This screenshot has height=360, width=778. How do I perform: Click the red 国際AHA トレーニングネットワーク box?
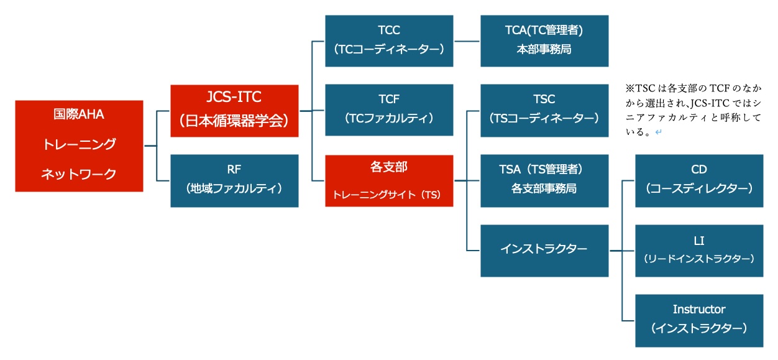[x=79, y=145]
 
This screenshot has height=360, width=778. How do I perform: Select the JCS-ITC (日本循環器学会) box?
[x=234, y=110]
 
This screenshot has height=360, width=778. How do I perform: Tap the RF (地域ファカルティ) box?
[x=234, y=180]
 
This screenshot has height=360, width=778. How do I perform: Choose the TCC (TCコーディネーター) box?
[x=389, y=40]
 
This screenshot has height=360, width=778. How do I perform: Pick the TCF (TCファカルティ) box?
[x=389, y=110]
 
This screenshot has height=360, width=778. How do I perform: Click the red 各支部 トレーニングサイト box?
[x=389, y=180]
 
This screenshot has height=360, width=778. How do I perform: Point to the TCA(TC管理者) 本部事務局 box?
[x=544, y=40]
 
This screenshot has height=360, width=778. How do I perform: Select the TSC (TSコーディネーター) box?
[x=544, y=110]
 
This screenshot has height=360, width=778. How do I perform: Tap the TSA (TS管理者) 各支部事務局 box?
[x=544, y=180]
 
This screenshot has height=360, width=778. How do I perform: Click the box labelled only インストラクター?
[x=544, y=250]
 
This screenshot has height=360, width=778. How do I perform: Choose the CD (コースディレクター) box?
[x=699, y=180]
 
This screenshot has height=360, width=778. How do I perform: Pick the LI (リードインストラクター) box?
[x=699, y=250]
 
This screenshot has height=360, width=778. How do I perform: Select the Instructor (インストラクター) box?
[x=699, y=320]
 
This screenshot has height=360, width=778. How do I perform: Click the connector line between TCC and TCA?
[x=467, y=41]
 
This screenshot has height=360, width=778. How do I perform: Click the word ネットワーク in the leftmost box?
[x=79, y=174]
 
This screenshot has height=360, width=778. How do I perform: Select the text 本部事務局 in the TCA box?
[x=544, y=50]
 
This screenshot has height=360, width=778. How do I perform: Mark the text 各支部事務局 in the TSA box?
[x=544, y=188]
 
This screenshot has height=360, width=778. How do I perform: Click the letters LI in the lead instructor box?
[x=699, y=241]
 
